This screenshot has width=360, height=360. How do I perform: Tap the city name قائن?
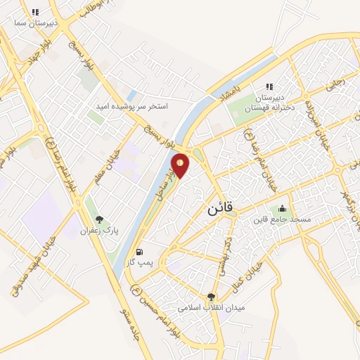(x=221, y=210)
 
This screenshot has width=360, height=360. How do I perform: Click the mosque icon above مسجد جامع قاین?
(x=282, y=208)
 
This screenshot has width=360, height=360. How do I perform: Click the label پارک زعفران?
(x=96, y=230)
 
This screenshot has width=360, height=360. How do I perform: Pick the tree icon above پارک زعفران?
(x=99, y=219)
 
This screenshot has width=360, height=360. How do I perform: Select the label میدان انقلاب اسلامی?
(x=210, y=308)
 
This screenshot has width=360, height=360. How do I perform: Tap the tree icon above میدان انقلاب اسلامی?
(x=211, y=297)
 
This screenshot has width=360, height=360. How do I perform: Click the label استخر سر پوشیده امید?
(x=133, y=106)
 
